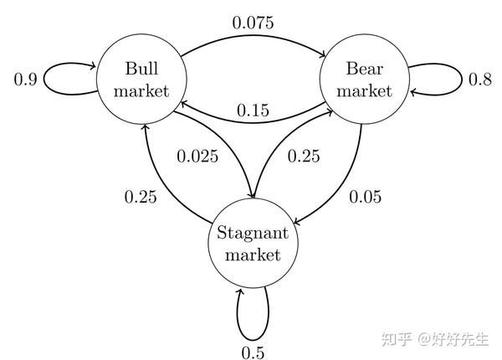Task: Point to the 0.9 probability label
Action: [x=26, y=80]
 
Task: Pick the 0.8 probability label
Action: [x=479, y=80]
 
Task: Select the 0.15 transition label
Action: [x=252, y=110]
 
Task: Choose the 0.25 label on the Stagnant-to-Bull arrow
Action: [x=141, y=198]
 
